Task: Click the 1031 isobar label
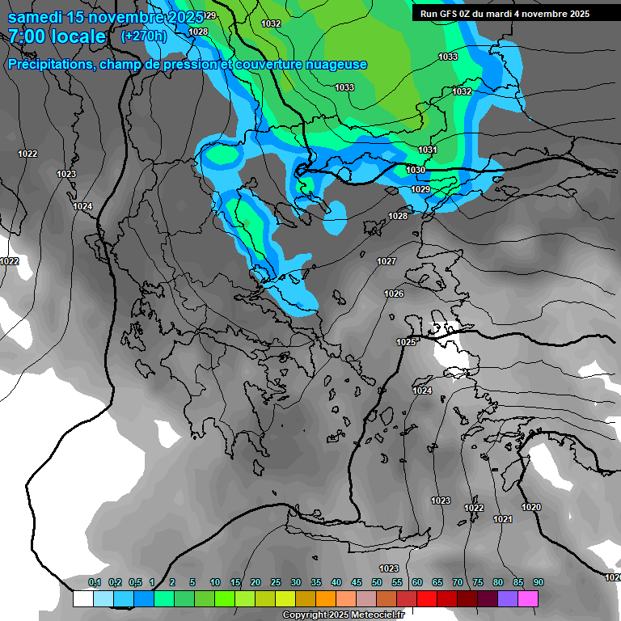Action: (428, 150)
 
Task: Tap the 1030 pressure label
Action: (416, 170)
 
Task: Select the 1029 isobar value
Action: (420, 189)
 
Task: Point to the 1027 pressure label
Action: (387, 261)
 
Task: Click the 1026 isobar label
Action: (394, 294)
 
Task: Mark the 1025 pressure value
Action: (406, 343)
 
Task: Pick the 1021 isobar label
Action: (502, 519)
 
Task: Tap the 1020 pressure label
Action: (531, 507)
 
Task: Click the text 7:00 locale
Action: (57, 36)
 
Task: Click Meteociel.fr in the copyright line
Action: (383, 615)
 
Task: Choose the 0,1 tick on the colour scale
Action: (94, 583)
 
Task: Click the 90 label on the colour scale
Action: (539, 583)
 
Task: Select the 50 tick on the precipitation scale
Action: (377, 583)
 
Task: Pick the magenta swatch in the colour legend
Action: (528, 599)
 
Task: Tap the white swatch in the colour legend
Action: (82, 599)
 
